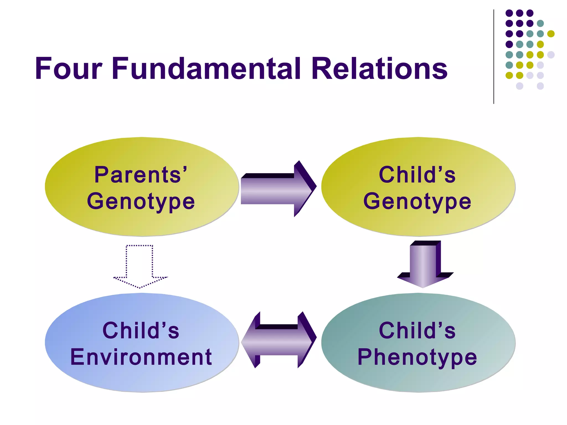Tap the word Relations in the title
coord(379,68)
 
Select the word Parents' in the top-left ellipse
coord(141,175)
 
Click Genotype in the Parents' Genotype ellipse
coord(141,201)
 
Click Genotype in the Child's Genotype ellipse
coord(417,201)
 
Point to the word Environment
coord(141,357)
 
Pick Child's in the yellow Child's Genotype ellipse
coord(417,175)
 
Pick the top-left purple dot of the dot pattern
coord(509,13)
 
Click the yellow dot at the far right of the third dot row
coord(551,34)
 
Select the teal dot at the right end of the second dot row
coord(540,23)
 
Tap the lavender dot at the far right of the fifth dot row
coord(551,55)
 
